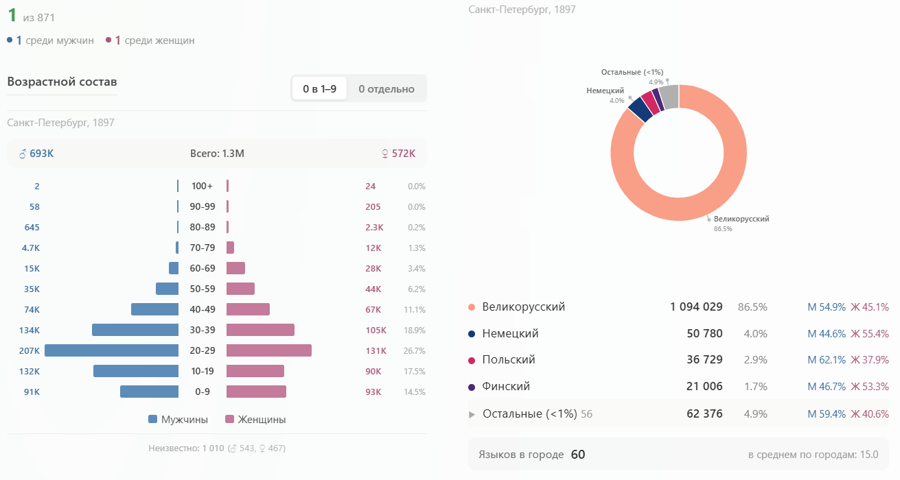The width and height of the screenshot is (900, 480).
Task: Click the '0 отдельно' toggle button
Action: (386, 88)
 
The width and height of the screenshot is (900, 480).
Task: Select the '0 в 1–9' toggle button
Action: (319, 88)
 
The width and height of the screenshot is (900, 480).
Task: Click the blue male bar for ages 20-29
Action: (112, 350)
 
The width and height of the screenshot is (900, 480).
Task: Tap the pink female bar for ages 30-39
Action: (260, 330)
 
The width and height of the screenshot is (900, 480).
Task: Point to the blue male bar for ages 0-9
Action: (149, 392)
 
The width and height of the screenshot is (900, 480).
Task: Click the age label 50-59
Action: (203, 289)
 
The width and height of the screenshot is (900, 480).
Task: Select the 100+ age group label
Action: (203, 186)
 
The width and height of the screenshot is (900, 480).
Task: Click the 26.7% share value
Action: (415, 350)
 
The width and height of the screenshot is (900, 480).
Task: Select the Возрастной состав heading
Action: (62, 82)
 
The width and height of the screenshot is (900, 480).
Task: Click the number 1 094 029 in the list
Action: (696, 307)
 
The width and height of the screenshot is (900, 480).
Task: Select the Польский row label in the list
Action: (509, 359)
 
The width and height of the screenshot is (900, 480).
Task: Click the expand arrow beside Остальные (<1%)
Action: (472, 414)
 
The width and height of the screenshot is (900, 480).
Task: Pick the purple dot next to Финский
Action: (472, 387)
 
